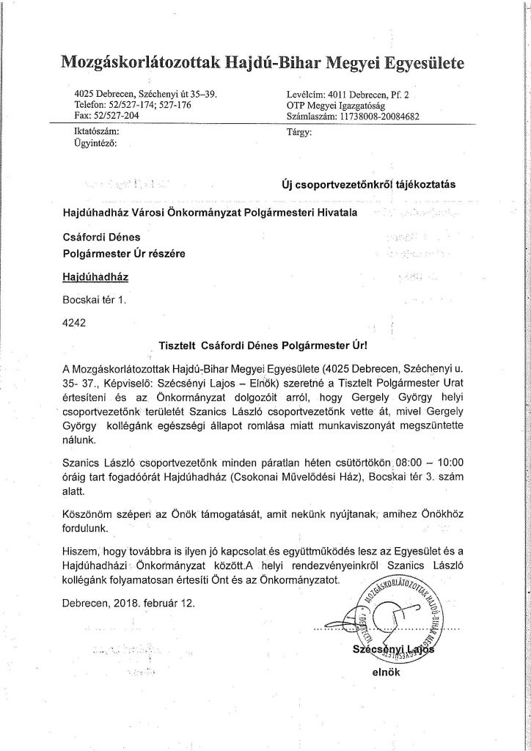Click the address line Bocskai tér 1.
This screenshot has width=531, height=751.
click(95, 300)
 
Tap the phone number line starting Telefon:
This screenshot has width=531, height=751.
click(133, 106)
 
